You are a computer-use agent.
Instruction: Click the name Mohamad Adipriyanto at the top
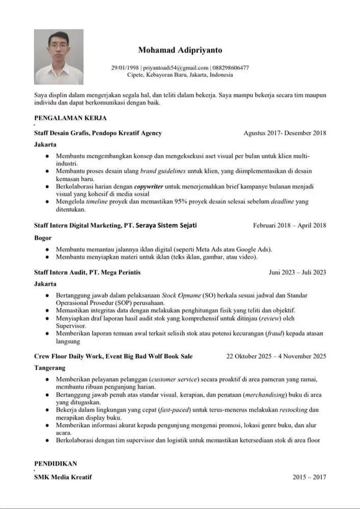(x=180, y=50)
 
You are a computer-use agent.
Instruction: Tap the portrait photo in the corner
(x=59, y=56)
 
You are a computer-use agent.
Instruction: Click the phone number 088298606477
(x=231, y=68)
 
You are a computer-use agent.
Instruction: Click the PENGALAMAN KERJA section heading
(x=70, y=118)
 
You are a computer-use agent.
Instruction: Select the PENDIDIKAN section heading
(x=56, y=464)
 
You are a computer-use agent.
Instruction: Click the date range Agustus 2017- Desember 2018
(x=285, y=133)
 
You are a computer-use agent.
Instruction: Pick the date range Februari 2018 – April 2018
(x=289, y=225)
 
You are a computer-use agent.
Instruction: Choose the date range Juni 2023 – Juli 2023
(x=297, y=272)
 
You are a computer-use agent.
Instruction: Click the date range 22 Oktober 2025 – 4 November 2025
(x=276, y=356)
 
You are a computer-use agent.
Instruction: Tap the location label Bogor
(x=43, y=238)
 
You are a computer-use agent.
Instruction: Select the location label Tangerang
(x=49, y=368)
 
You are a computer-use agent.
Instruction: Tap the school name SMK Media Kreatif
(x=63, y=477)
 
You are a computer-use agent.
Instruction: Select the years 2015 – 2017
(x=309, y=477)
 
